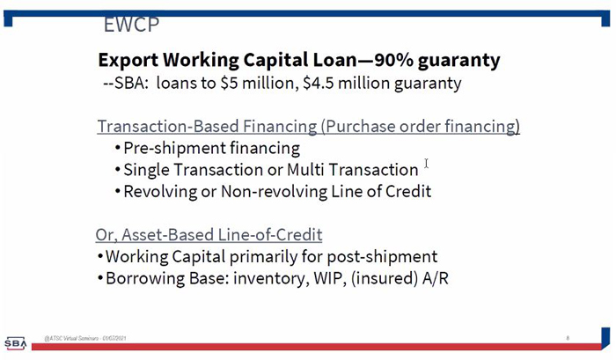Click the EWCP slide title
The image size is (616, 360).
(x=132, y=25)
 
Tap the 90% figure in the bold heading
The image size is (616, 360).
(x=393, y=60)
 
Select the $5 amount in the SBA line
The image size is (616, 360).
(x=229, y=83)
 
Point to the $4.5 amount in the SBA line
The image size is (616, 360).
(x=319, y=83)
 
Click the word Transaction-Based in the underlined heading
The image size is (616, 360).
(x=168, y=126)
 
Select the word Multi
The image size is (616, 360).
(x=305, y=170)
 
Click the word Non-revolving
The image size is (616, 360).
(x=274, y=191)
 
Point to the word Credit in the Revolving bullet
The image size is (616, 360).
(x=408, y=191)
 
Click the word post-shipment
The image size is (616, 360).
(x=382, y=257)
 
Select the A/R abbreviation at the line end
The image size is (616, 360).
(x=436, y=278)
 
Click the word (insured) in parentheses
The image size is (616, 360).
(x=385, y=279)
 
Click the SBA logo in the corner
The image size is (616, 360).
(x=15, y=343)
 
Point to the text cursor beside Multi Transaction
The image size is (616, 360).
(x=426, y=163)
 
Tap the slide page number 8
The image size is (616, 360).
(x=568, y=338)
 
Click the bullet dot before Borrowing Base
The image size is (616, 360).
(x=100, y=279)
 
